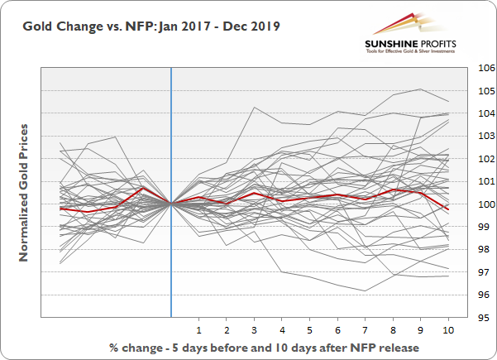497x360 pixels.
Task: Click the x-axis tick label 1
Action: (x=198, y=329)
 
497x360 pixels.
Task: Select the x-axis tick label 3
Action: (x=254, y=329)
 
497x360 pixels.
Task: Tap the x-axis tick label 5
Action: (x=309, y=329)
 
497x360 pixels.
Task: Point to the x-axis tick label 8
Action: (x=393, y=329)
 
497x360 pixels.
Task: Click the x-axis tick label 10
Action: (x=447, y=329)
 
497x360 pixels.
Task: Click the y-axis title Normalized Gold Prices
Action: (x=25, y=192)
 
